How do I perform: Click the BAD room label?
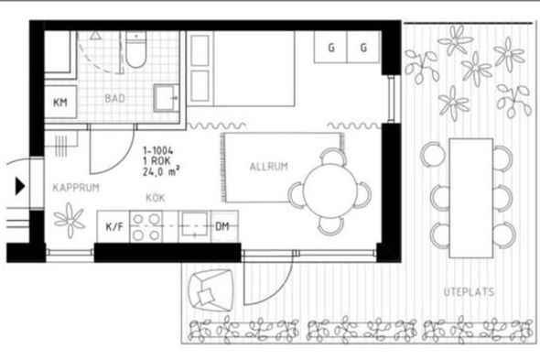click(114, 99)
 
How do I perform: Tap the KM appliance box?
click(60, 102)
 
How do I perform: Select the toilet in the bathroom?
click(136, 49)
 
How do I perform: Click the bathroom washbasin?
click(167, 98)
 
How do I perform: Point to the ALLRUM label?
click(268, 167)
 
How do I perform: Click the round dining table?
click(329, 191)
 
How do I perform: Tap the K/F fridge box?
click(113, 227)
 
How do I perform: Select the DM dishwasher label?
click(222, 226)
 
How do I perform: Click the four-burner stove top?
click(146, 227)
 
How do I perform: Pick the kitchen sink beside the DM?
click(195, 225)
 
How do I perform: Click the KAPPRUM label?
click(76, 188)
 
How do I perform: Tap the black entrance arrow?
click(20, 186)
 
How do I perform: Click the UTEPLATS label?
click(469, 292)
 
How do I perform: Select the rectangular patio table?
click(471, 198)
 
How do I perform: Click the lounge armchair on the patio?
click(211, 290)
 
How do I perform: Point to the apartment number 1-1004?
click(158, 151)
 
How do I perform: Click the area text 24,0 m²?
click(161, 171)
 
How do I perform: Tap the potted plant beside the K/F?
click(70, 221)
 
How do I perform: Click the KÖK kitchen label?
click(156, 198)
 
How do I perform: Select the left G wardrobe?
click(331, 48)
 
